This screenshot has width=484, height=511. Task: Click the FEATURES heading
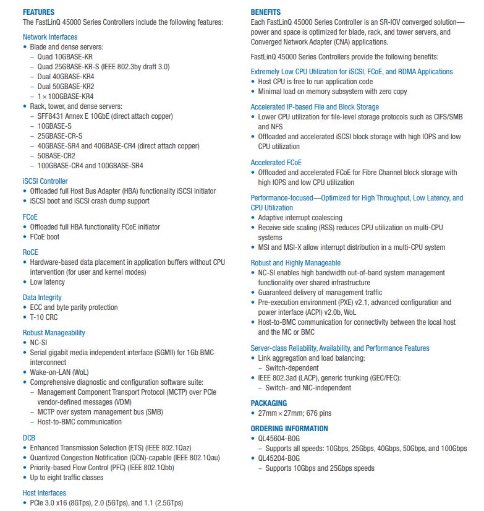click(x=38, y=12)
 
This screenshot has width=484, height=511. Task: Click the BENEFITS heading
click(x=265, y=12)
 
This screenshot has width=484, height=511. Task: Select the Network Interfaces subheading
click(x=50, y=36)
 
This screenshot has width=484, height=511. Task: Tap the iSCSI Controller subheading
click(x=45, y=181)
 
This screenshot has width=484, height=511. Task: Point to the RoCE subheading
click(x=30, y=252)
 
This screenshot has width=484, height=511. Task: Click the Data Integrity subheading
click(x=42, y=297)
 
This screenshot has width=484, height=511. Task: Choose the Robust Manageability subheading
click(x=54, y=332)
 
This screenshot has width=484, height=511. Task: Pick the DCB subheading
click(x=29, y=437)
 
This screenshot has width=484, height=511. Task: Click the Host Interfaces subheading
click(x=45, y=492)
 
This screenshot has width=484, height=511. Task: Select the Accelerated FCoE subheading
click(x=276, y=162)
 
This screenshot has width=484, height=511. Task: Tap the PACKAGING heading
click(x=269, y=403)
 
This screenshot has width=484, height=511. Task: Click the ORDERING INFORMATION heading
click(x=289, y=428)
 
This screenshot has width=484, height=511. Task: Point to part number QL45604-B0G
click(x=279, y=438)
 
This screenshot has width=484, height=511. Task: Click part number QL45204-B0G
click(x=279, y=458)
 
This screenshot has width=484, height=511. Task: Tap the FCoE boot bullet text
click(x=45, y=237)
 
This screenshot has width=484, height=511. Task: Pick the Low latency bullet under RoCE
click(x=47, y=282)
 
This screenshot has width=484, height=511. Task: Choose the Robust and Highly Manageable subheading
click(x=295, y=262)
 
